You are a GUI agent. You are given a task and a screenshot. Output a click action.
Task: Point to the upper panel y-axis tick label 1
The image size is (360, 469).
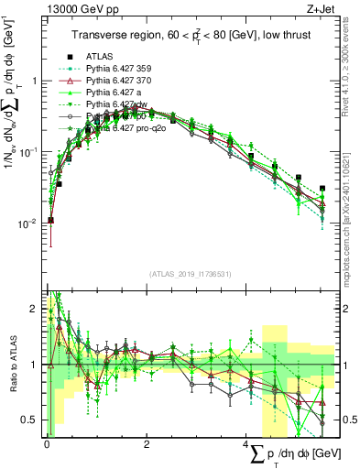35,81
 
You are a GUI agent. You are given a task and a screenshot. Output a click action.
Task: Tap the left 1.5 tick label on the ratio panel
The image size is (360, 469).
31,337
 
